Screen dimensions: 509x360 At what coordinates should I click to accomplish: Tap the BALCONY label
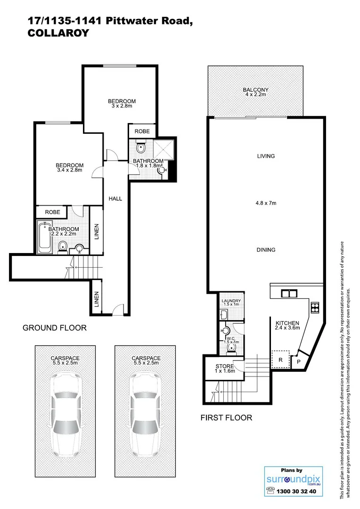[255, 90]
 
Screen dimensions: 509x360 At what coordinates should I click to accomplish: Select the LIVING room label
[266, 156]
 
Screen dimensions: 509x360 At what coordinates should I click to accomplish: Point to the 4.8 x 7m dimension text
[266, 204]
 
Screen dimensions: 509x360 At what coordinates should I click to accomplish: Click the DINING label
[266, 250]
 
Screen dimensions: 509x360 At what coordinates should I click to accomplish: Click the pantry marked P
[298, 361]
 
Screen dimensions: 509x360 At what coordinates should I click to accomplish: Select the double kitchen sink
[289, 294]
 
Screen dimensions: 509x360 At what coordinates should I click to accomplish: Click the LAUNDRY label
[231, 301]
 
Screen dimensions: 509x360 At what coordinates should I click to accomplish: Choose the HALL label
[115, 198]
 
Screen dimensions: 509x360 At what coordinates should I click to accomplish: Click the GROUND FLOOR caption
[55, 328]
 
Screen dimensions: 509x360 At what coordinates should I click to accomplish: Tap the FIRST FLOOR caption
[226, 417]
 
